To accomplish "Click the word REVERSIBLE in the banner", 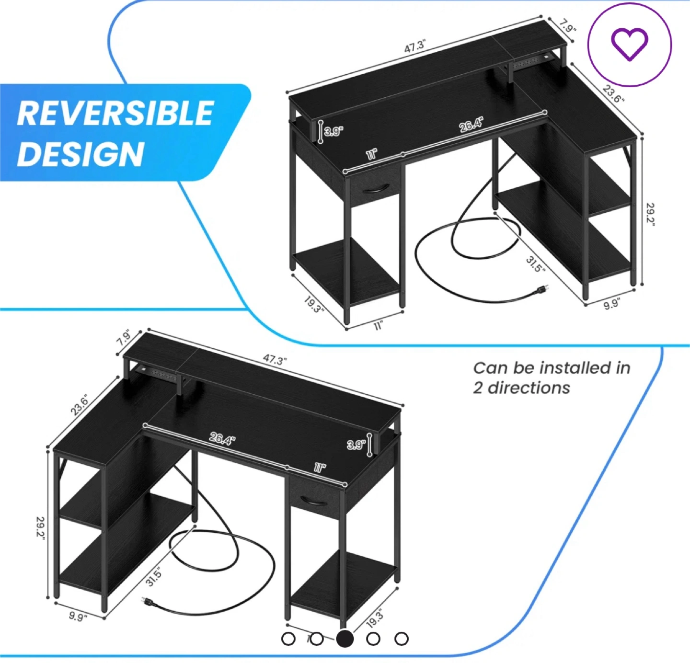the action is tap(115, 113).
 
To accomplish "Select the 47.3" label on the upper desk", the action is tap(414, 46).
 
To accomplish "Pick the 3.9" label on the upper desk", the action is tap(333, 132).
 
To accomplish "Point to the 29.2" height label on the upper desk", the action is tap(650, 214).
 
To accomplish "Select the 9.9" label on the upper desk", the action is tap(611, 304).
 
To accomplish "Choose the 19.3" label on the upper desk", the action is tap(314, 304).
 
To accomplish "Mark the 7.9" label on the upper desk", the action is tap(568, 26).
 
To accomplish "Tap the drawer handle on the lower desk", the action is tap(314, 501).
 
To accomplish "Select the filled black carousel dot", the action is tap(345, 639).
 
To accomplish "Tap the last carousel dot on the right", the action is tap(402, 639).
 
